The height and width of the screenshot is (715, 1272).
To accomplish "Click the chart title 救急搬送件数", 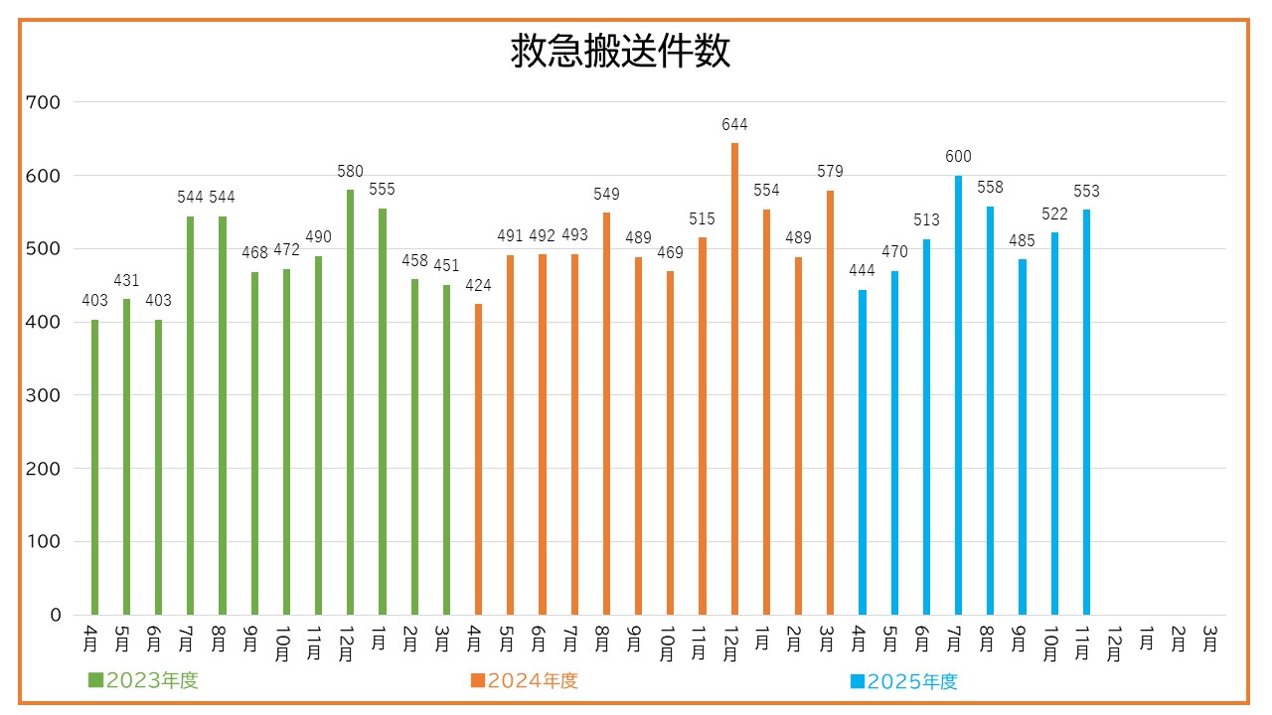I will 621,52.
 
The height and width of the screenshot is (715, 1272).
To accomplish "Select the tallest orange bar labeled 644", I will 734,377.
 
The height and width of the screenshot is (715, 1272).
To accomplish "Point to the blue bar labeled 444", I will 862,452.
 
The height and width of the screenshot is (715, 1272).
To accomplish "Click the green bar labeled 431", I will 126,457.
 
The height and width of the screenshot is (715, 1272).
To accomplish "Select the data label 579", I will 830,172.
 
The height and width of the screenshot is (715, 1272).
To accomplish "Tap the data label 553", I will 1086,191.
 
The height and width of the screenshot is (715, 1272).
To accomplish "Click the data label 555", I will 382,189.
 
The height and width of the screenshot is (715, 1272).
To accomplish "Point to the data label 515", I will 703,218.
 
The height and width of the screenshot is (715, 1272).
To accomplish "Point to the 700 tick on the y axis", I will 45,102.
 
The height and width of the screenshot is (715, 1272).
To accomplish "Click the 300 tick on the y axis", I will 45,395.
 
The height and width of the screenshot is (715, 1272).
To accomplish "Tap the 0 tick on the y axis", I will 56,615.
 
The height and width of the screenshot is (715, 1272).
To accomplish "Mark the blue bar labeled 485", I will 1022,437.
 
